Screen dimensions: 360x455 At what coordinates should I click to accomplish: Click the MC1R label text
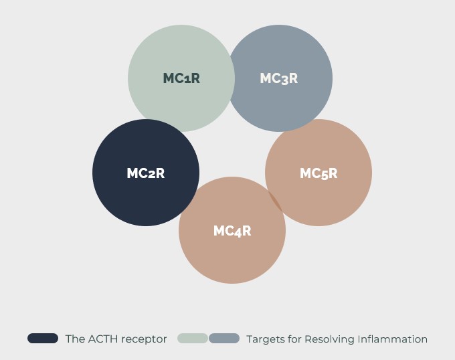(181, 78)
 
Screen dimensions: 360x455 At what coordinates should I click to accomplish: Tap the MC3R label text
(278, 78)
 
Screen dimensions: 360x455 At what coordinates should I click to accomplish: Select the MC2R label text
(145, 173)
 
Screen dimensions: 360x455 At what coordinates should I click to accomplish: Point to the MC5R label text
(318, 173)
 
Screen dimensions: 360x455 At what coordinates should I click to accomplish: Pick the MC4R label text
(232, 231)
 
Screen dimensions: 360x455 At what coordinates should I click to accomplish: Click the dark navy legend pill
(43, 339)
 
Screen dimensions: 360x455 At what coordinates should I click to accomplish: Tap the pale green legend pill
(192, 339)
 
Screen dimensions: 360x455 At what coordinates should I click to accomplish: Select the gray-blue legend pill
(224, 339)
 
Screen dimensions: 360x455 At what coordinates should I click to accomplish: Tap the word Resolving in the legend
(329, 339)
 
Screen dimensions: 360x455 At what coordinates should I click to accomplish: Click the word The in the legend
(75, 339)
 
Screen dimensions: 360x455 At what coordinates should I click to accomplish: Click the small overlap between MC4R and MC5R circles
(274, 200)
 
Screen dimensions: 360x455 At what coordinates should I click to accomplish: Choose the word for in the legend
(294, 339)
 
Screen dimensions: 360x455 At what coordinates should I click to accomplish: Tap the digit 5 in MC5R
(325, 174)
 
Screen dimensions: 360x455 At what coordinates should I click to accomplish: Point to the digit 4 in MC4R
(239, 232)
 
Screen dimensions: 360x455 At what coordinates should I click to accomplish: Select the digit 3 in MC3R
(285, 79)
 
